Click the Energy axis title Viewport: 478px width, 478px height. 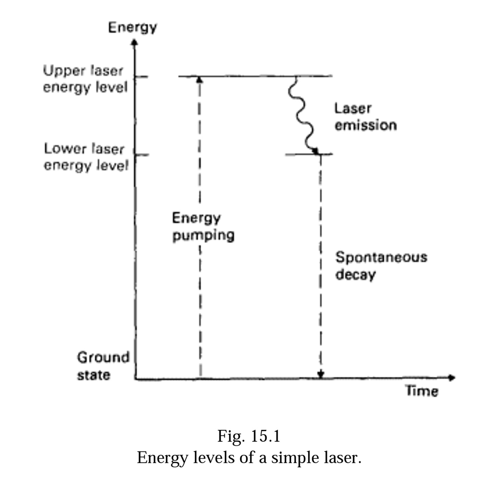pos(132,27)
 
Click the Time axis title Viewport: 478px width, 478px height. pos(422,391)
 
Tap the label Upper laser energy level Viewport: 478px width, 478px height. pos(85,79)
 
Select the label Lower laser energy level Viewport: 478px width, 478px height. pos(86,157)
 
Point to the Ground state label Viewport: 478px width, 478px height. pos(103,366)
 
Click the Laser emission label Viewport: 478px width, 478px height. pos(365,117)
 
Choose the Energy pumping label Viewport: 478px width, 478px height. pos(203,226)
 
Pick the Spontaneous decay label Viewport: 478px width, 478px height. pos(381,266)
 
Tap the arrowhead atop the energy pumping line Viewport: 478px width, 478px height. pos(200,79)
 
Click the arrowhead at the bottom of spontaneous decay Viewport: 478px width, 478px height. pos(321,374)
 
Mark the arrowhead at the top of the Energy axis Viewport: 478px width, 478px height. pos(134,43)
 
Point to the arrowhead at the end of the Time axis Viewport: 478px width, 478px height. pos(452,378)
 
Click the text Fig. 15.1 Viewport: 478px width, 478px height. pos(249,436)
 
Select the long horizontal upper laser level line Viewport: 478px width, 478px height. pos(255,76)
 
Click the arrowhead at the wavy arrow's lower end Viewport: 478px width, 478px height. pos(315,151)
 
